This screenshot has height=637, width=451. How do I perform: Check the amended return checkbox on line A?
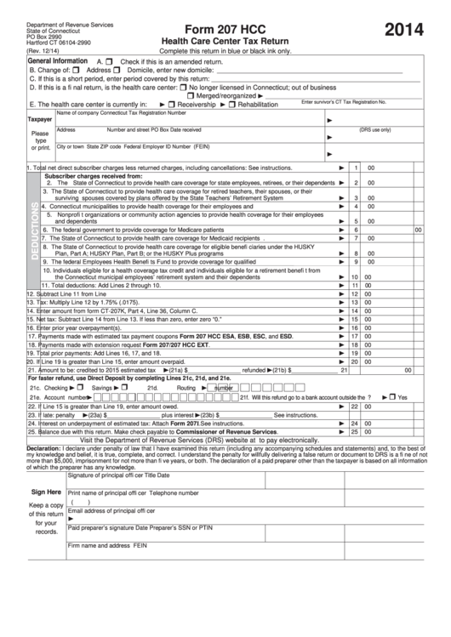(x=112, y=62)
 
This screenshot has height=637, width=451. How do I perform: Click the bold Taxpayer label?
(x=40, y=121)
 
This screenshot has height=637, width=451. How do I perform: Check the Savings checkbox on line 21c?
(x=125, y=387)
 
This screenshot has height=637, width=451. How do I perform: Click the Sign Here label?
(x=46, y=492)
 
